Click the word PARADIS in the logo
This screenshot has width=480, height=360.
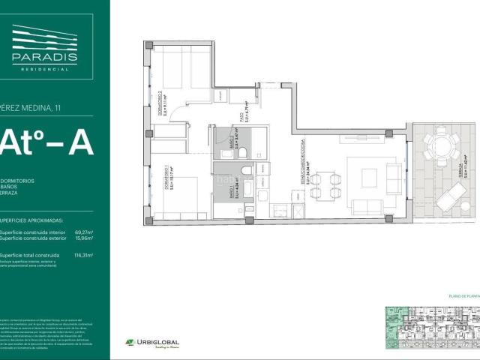(44, 57)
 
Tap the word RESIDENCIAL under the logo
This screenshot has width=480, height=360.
(44, 68)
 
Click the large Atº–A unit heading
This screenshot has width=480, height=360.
(46, 143)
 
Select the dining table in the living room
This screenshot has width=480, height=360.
(325, 186)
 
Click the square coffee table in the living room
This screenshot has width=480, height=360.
(369, 177)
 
